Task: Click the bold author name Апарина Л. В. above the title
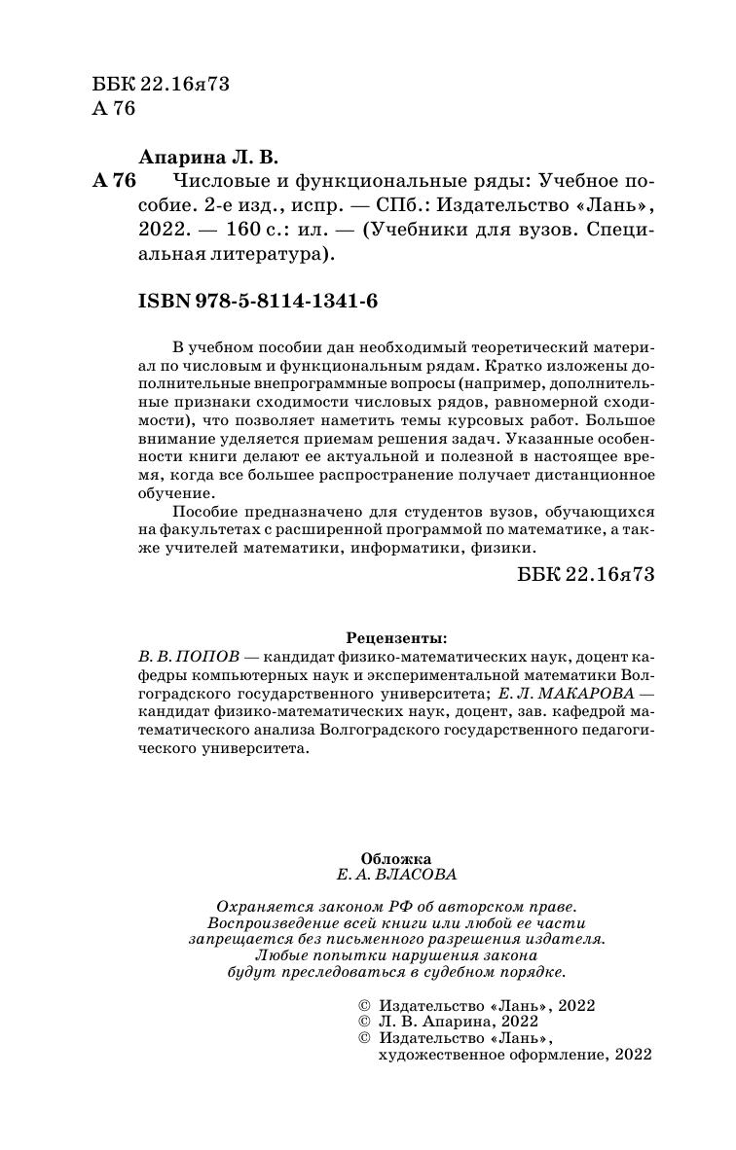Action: click(210, 156)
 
